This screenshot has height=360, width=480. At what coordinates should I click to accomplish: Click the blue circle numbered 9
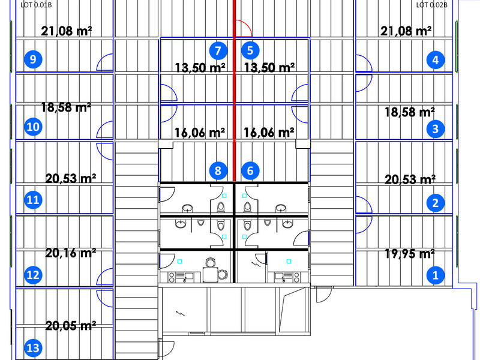point(33,59)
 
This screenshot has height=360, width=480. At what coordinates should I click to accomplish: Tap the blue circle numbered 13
point(33,348)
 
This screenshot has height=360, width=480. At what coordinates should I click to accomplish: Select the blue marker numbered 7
point(218,50)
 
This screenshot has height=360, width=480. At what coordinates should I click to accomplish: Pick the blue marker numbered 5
point(250,50)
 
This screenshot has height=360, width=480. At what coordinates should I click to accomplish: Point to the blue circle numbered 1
point(436,275)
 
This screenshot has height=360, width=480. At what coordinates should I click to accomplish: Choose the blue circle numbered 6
point(250,170)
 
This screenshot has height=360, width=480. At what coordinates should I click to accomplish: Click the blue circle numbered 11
point(33,200)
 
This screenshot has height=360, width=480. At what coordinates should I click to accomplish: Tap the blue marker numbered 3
point(436,129)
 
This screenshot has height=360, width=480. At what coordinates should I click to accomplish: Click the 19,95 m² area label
point(410,253)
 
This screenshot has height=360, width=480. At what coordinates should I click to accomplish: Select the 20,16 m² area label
point(71,253)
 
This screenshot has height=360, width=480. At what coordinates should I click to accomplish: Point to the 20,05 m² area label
point(71,325)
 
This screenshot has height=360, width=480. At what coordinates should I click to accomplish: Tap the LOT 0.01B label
point(36,5)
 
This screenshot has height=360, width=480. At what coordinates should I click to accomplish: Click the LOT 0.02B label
point(431,5)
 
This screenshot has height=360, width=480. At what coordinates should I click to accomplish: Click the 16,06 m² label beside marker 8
point(200,133)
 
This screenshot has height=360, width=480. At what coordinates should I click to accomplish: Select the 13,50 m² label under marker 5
point(269,67)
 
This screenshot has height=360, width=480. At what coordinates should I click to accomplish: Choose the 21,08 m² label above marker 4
point(406,31)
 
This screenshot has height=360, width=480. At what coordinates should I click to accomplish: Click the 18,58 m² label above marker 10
point(66,107)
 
